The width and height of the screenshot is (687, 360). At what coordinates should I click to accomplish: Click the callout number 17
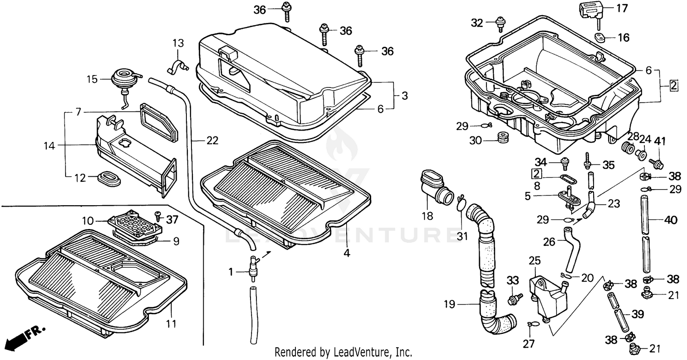[x=622, y=8]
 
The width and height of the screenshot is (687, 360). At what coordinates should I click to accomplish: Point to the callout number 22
[x=212, y=141]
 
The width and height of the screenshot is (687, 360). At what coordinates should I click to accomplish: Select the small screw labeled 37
[x=158, y=214]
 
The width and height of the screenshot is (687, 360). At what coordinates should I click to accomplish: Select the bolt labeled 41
[x=658, y=163]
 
